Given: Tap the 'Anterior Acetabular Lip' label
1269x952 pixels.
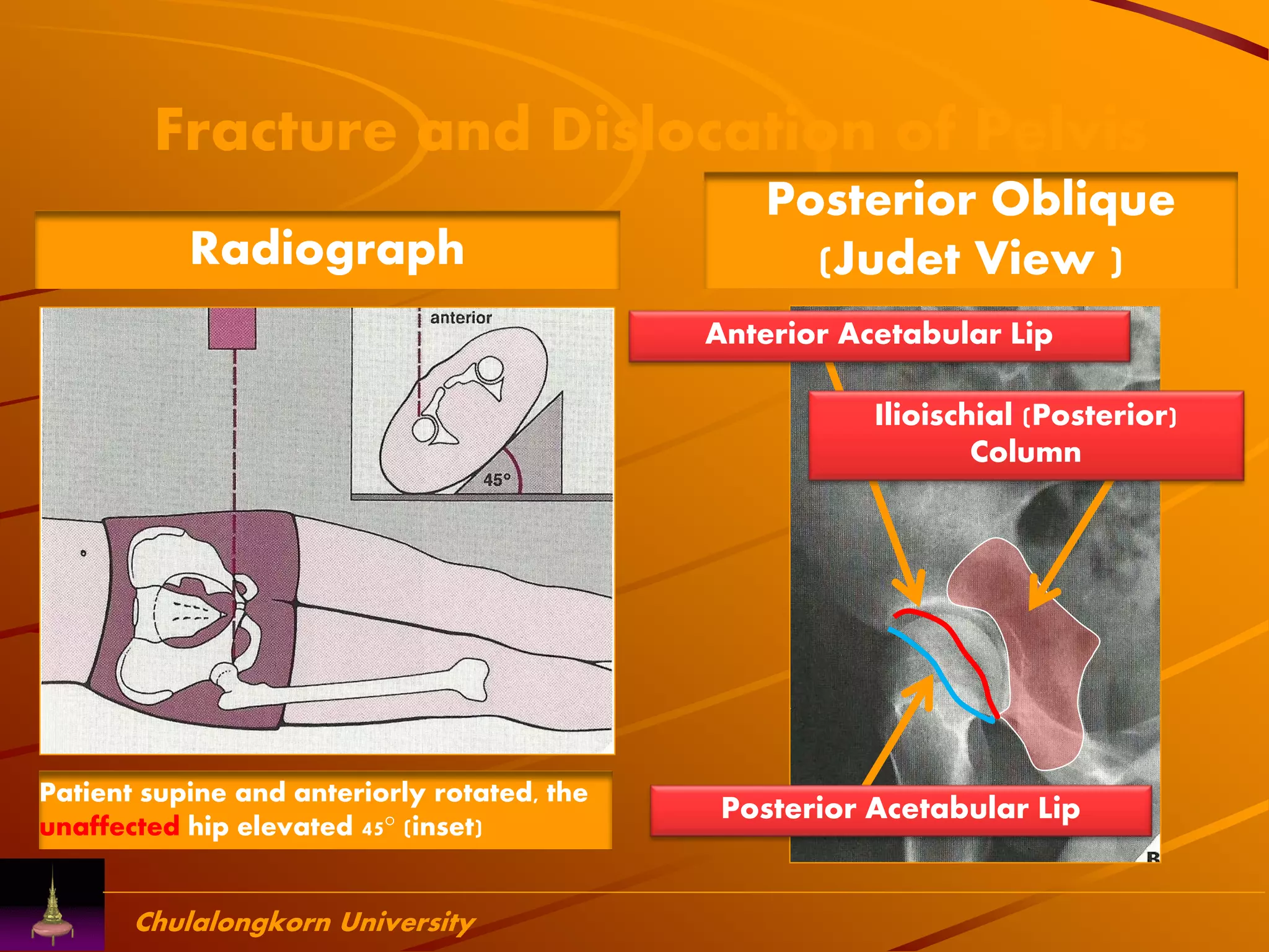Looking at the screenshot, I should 879,335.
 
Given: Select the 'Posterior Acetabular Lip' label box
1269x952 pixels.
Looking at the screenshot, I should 900,809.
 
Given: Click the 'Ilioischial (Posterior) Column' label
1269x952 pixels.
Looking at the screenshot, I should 1025,433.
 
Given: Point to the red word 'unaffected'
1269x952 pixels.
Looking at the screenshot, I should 110,827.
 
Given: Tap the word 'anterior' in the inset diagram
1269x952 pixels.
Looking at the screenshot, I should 461,318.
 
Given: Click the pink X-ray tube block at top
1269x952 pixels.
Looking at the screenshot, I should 232,328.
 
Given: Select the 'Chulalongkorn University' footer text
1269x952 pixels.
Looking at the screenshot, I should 305,922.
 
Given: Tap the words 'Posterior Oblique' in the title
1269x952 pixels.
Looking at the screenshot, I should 970,200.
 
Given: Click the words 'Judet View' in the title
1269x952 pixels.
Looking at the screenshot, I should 964,259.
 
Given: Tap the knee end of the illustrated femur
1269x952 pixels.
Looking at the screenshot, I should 474,679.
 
